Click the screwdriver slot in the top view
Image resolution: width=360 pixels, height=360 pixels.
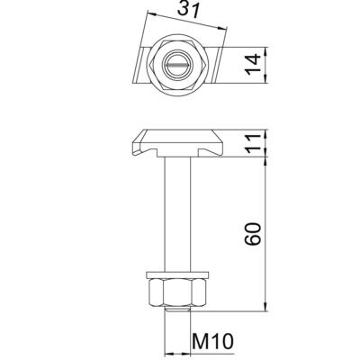tap(179, 65)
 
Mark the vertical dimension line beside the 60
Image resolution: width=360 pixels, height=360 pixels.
tap(267, 234)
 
